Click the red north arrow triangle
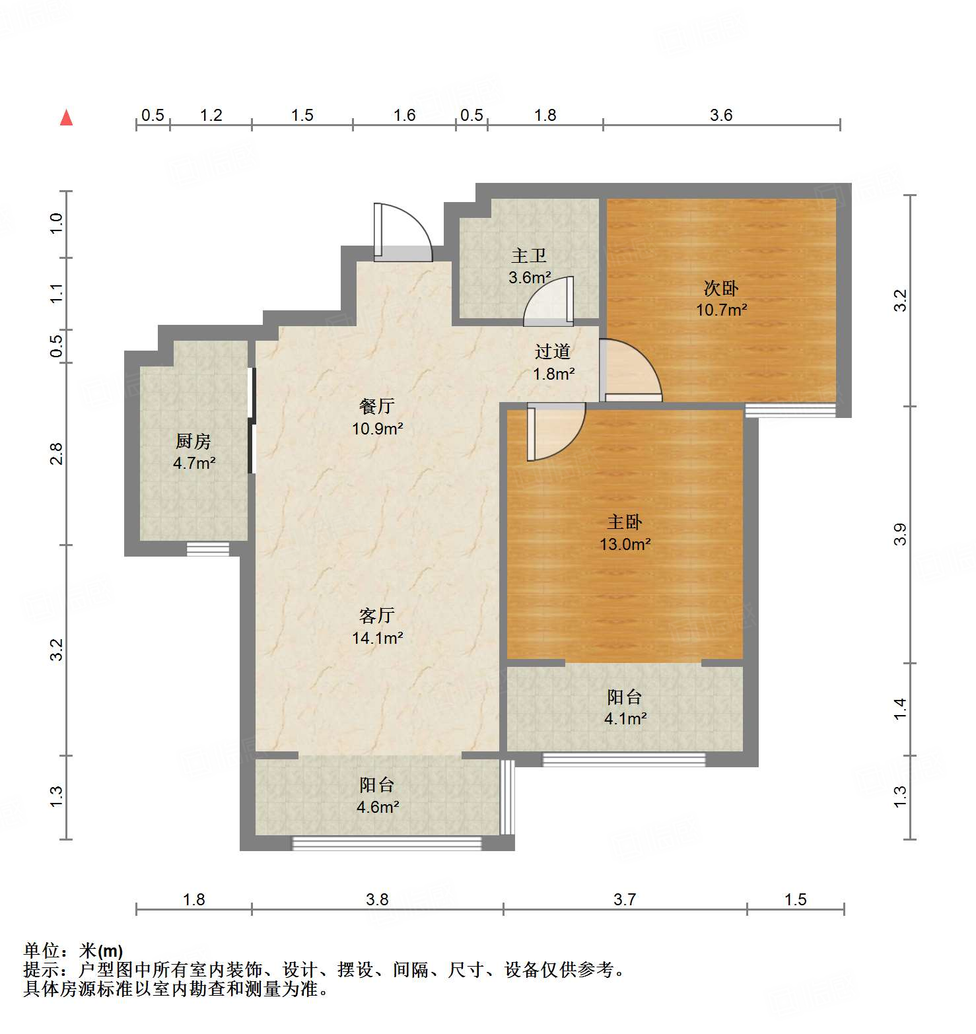(66, 118)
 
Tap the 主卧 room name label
(624, 522)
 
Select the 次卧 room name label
(720, 288)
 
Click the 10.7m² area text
(721, 310)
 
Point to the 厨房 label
(193, 441)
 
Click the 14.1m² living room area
(377, 638)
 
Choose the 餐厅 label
(376, 406)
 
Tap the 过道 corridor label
(553, 352)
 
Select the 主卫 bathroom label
(529, 256)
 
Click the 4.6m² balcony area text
(377, 807)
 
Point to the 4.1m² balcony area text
(625, 718)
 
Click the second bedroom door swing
(631, 370)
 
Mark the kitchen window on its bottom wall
(207, 549)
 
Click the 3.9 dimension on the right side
(900, 534)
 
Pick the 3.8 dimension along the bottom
(377, 899)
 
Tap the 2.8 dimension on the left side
(57, 454)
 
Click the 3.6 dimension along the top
(721, 115)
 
